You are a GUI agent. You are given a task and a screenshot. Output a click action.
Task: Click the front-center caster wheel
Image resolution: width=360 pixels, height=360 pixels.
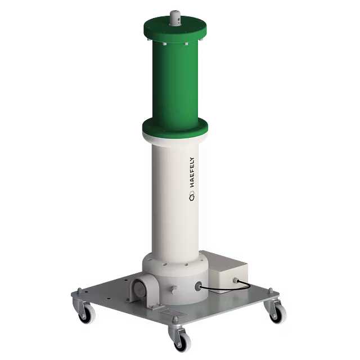[x=178, y=337]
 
